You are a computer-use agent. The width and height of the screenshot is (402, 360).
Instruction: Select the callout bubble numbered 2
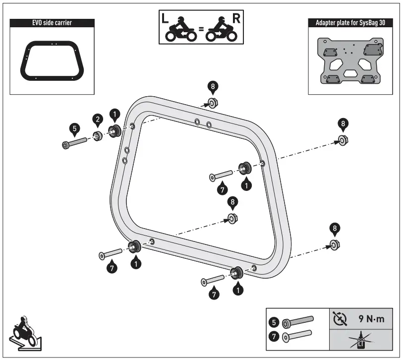pyautogui.click(x=98, y=119)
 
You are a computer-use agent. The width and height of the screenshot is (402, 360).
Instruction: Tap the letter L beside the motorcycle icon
pyautogui.click(x=166, y=20)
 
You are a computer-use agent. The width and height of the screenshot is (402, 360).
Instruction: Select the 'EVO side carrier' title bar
pyautogui.click(x=52, y=22)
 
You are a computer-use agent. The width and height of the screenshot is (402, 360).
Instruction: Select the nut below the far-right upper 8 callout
pyautogui.click(x=342, y=141)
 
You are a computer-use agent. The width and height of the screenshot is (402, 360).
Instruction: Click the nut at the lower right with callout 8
pyautogui.click(x=335, y=244)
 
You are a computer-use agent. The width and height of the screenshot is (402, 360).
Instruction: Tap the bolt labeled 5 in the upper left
pyautogui.click(x=74, y=144)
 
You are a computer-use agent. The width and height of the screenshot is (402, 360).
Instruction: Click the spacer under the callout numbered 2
pyautogui.click(x=98, y=136)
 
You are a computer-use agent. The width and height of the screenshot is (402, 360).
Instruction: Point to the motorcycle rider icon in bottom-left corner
pyautogui.click(x=25, y=331)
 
